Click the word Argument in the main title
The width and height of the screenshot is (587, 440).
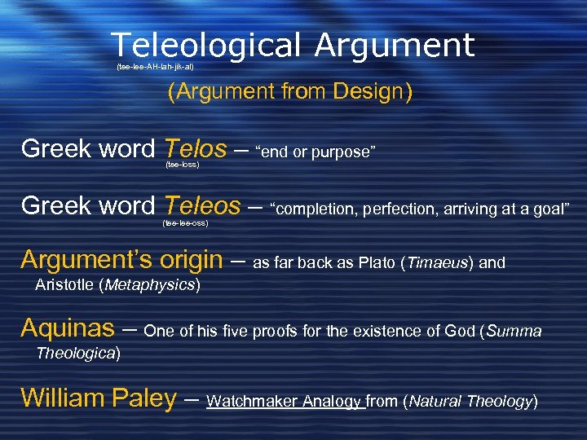(395, 45)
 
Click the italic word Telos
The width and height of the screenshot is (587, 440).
(195, 148)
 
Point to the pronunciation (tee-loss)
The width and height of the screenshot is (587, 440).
(182, 165)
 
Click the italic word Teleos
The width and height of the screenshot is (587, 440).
(202, 205)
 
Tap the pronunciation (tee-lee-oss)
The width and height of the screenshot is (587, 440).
(185, 222)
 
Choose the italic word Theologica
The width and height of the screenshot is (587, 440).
(77, 354)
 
